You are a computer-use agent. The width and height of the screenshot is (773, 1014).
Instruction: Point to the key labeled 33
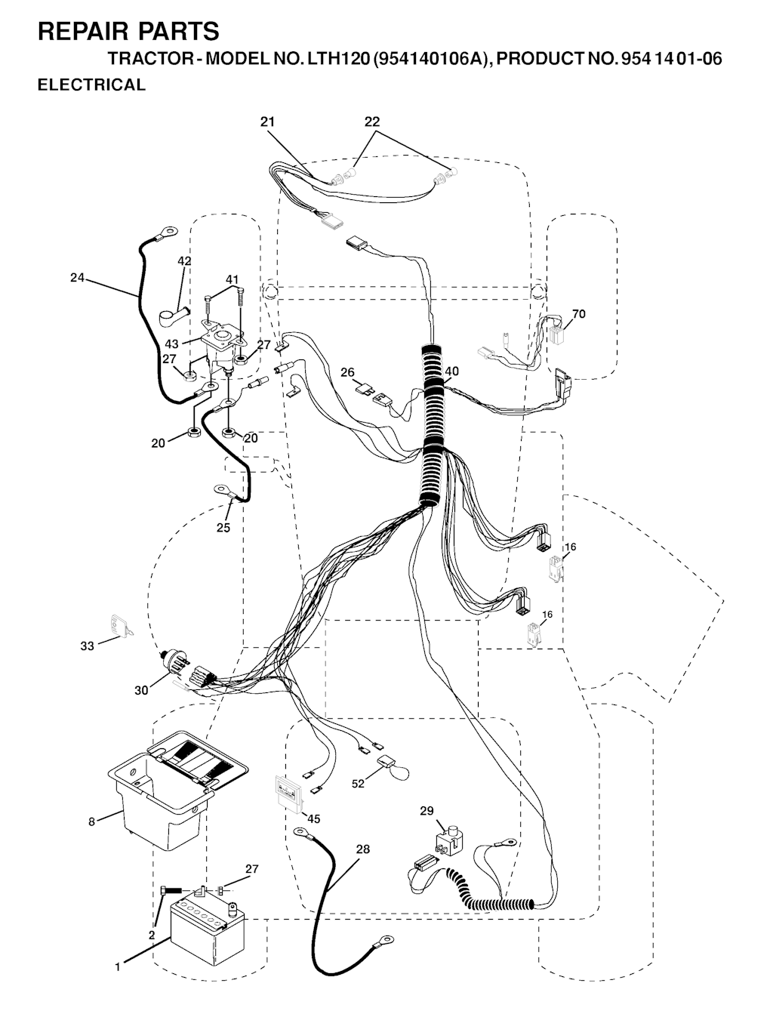click(x=121, y=626)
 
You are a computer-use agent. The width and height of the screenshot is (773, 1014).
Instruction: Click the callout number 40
click(x=452, y=371)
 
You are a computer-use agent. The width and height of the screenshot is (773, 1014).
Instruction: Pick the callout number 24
click(x=77, y=278)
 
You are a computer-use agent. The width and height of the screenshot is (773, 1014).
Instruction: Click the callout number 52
click(x=357, y=783)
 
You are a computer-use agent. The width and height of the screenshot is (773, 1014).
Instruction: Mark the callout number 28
click(x=363, y=849)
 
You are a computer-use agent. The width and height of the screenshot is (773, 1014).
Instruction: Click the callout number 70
click(x=578, y=313)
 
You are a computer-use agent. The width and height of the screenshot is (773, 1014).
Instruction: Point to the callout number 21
click(x=267, y=122)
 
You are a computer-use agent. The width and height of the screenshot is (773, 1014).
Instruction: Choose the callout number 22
click(x=371, y=122)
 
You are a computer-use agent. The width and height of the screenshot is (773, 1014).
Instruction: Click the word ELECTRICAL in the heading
click(x=91, y=85)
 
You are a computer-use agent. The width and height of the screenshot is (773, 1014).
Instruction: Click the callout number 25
click(x=223, y=527)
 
